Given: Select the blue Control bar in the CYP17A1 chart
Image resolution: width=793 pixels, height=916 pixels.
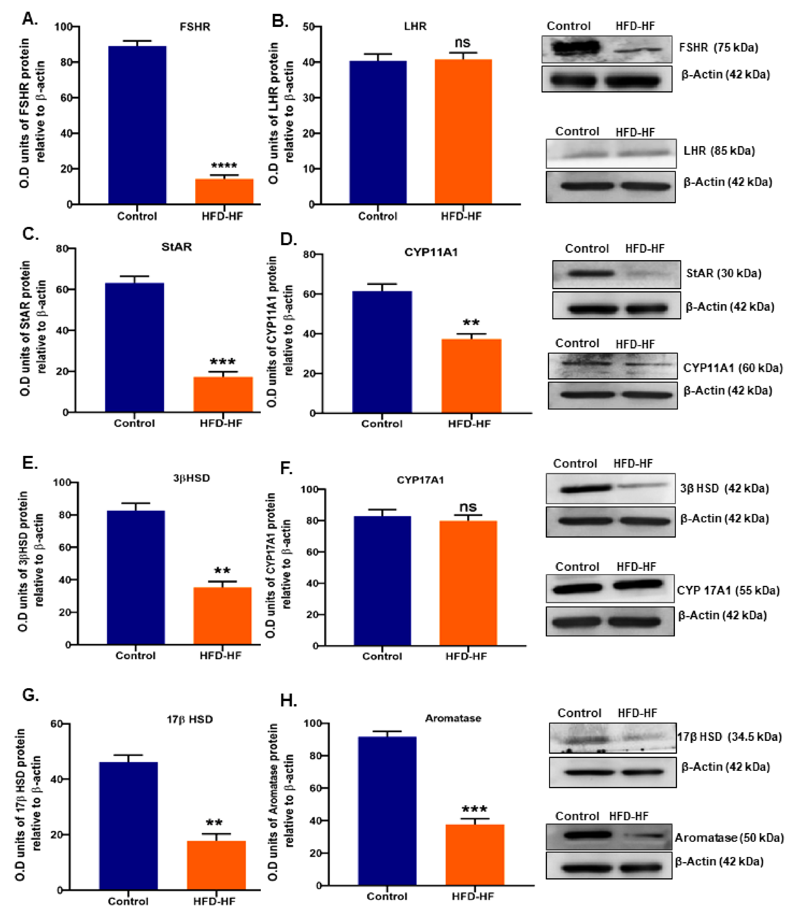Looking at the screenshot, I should tap(382, 580).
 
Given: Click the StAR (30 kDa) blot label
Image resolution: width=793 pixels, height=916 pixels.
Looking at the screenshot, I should tap(724, 273).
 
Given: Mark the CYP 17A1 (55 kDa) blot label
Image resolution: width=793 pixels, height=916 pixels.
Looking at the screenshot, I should tap(728, 591).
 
